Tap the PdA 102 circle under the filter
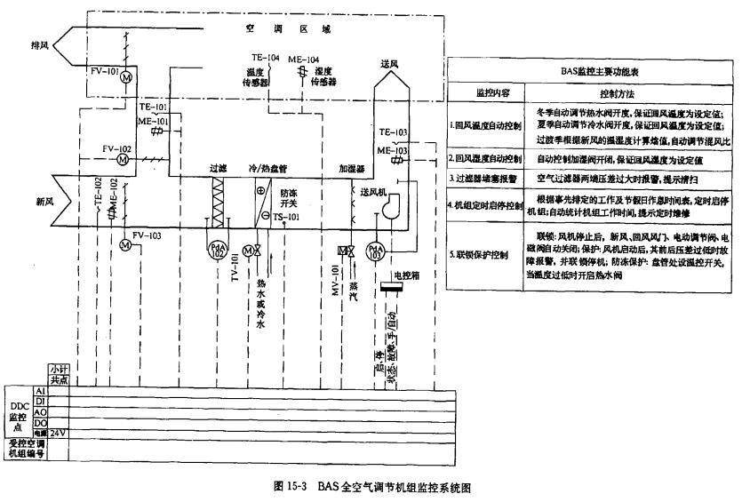[x=216, y=251]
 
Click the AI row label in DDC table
[x=39, y=391]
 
